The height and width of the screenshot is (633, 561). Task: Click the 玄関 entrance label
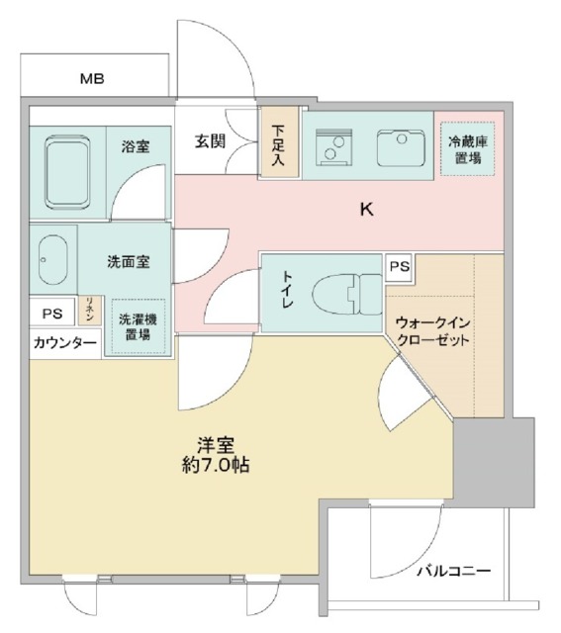tap(209, 141)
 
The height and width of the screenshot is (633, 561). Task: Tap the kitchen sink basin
tap(401, 148)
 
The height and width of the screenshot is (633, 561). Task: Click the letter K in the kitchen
tap(365, 210)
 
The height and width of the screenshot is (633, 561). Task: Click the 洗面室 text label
tap(129, 262)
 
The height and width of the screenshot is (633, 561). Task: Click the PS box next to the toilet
tap(399, 267)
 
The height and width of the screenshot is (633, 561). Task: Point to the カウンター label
tap(64, 343)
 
